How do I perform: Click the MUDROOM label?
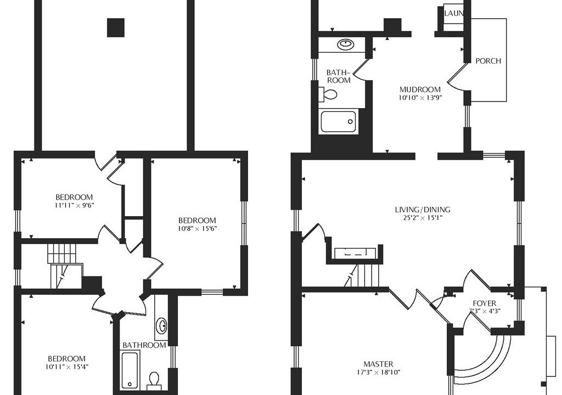420,89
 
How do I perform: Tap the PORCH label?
488,61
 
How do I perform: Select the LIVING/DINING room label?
422,210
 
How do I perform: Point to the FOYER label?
484,303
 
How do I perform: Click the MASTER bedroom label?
378,364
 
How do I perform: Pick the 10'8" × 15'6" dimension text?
197,228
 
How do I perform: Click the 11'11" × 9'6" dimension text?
75,205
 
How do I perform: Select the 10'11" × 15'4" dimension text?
66,366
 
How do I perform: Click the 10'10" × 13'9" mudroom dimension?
420,97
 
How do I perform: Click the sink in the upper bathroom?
346,44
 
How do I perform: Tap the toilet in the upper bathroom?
328,94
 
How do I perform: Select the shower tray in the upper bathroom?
338,121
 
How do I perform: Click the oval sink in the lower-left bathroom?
162,326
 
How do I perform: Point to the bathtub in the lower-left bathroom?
130,370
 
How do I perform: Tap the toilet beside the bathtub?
154,381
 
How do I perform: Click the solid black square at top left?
116,27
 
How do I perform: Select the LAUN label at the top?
454,13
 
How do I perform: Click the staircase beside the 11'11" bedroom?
63,266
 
